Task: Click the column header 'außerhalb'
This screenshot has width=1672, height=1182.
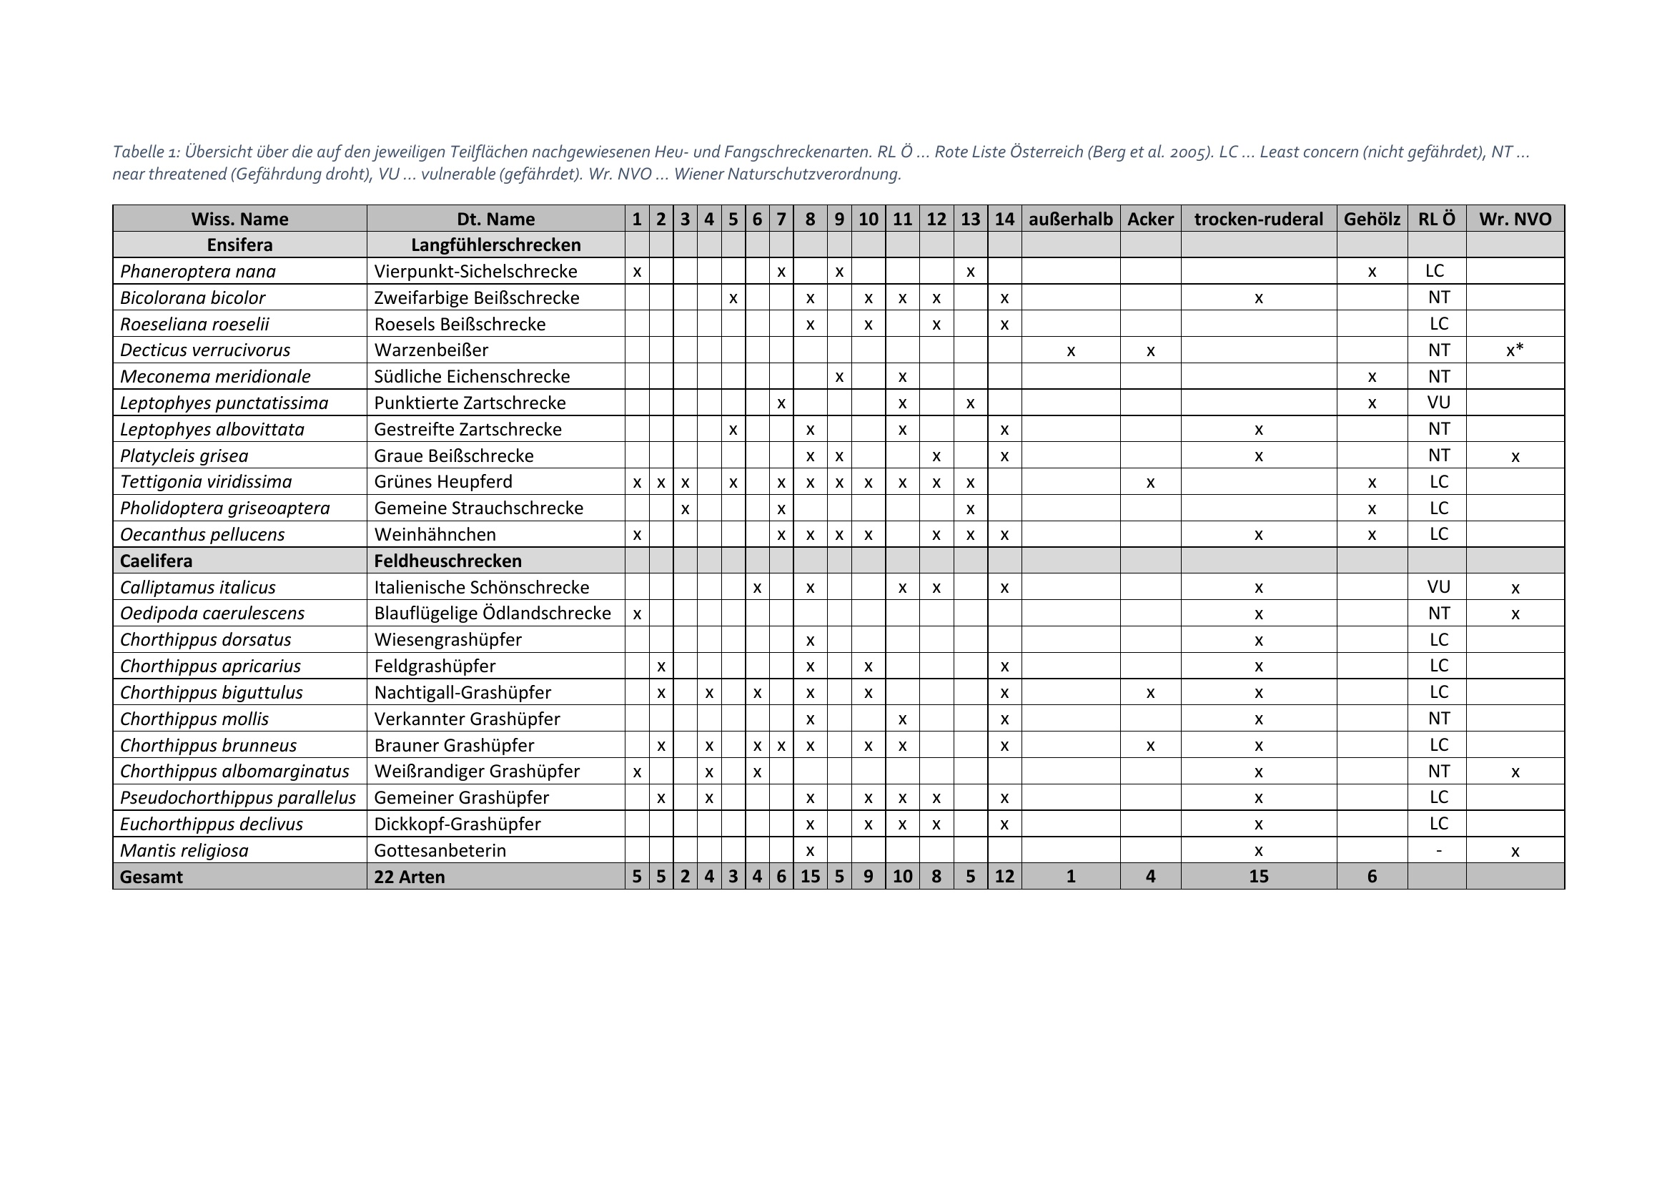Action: (1071, 219)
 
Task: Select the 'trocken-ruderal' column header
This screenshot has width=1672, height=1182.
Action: (1258, 219)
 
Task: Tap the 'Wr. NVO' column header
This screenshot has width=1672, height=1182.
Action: (1515, 219)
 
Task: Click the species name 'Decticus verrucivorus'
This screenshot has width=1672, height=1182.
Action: (204, 350)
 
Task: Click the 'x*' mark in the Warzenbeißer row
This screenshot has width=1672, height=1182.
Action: (1515, 350)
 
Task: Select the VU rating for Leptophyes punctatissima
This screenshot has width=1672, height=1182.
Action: (1438, 402)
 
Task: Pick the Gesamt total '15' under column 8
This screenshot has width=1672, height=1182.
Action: (810, 876)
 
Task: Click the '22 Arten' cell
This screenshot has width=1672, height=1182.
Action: (410, 877)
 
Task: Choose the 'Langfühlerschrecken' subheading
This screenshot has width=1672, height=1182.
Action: (496, 245)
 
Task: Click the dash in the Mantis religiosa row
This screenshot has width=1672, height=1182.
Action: (1438, 850)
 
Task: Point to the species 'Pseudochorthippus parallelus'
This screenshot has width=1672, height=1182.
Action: (237, 797)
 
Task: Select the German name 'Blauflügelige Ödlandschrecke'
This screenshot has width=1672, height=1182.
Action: (493, 614)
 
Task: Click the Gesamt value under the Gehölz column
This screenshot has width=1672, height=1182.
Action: (1372, 876)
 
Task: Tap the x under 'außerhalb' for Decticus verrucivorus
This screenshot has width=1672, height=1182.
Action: (1071, 351)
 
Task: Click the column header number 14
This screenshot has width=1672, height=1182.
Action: (1004, 219)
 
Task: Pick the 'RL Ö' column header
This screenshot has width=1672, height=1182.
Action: (1437, 219)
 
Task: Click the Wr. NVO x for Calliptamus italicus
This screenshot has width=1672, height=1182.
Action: (1515, 588)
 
